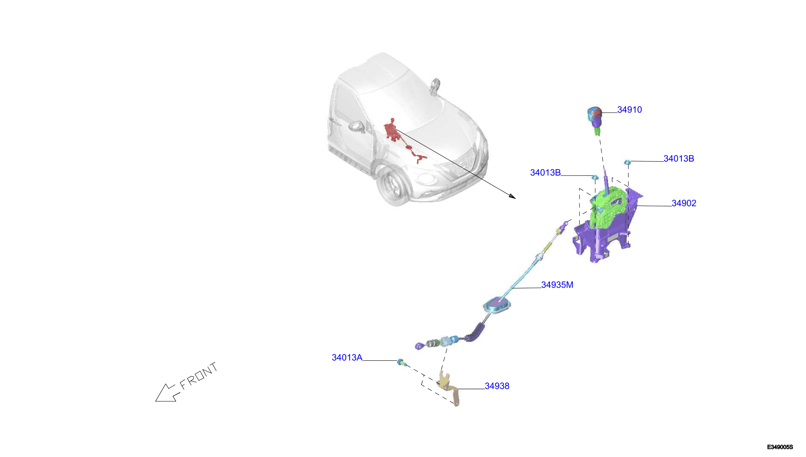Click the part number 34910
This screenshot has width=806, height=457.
[x=629, y=110]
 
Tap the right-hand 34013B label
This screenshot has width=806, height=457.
[x=679, y=159]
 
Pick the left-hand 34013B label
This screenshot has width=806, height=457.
[x=545, y=172]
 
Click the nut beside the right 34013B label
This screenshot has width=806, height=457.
[x=627, y=162]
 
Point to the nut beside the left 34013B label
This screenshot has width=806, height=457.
[x=595, y=178]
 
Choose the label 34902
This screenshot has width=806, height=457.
[x=684, y=203]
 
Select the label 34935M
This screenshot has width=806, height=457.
[x=557, y=285]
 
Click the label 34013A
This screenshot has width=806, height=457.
[x=347, y=357]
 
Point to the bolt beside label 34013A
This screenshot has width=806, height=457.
[x=401, y=362]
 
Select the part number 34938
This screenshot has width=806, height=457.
[x=497, y=386]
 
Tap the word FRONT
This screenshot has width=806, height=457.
[x=198, y=376]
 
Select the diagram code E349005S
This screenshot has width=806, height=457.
[x=780, y=447]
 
